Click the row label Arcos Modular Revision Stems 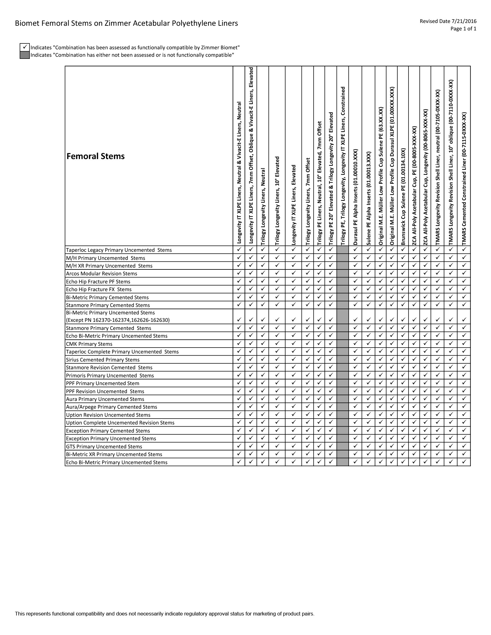[x=101, y=273]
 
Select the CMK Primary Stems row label [x=89, y=344]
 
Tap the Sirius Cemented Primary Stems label [x=103, y=360]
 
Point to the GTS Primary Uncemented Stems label [x=104, y=446]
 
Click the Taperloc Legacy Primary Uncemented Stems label [x=119, y=250]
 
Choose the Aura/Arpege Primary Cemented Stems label [x=111, y=407]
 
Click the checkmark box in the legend [x=25, y=47]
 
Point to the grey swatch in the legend [x=25, y=55]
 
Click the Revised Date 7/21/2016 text [x=448, y=21]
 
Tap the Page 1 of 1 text [x=463, y=29]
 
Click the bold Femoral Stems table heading [x=96, y=156]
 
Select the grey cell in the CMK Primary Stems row [x=342, y=344]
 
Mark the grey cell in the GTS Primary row [x=342, y=446]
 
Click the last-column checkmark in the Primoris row [x=464, y=375]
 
